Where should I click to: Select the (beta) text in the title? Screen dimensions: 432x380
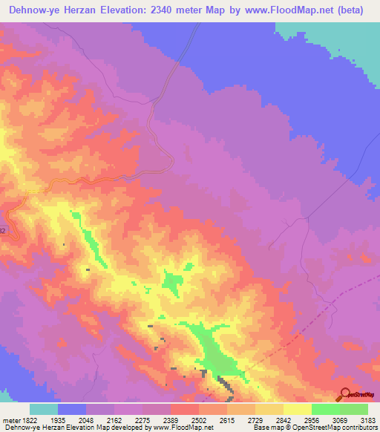[x=359, y=10]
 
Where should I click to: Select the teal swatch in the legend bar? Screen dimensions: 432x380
[x=44, y=409]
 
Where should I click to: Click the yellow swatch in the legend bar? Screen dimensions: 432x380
[x=298, y=409]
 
